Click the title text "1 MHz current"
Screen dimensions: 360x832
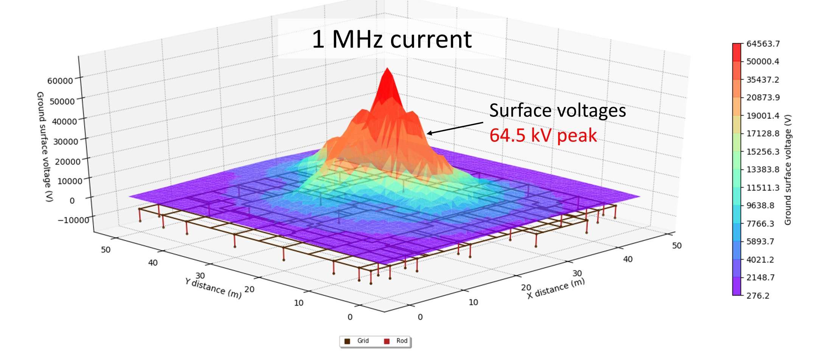[391, 39]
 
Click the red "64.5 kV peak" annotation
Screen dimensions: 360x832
[543, 135]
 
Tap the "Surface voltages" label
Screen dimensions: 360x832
[557, 110]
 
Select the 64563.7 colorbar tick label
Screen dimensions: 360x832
[763, 44]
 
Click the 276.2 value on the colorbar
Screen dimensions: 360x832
[757, 296]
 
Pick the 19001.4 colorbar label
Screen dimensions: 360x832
[763, 116]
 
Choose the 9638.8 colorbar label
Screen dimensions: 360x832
[760, 206]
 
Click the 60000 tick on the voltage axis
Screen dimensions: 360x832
[60, 81]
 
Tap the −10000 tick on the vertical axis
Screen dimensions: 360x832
[73, 220]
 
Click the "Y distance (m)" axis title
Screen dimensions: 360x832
[213, 288]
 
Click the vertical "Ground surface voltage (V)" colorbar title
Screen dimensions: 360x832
[788, 170]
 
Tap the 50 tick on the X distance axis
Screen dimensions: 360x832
[677, 246]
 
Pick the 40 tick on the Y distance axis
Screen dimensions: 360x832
[153, 263]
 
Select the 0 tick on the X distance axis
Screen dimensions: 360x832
[420, 317]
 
